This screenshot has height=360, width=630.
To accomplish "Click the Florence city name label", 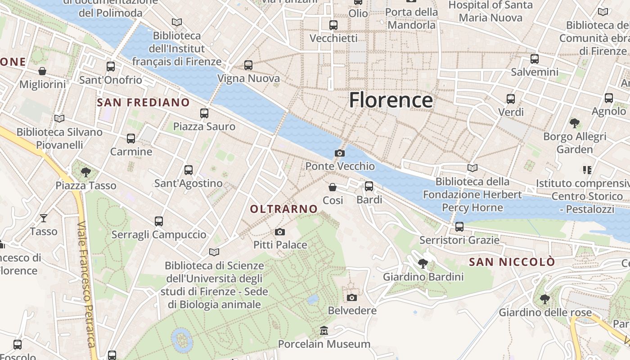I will click(391, 100).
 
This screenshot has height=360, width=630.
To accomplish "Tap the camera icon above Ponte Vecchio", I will click(340, 153).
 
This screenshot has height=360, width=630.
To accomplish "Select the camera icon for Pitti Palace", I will click(280, 232).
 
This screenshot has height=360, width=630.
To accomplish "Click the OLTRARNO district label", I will click(283, 209).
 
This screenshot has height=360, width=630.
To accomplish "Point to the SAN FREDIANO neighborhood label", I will click(143, 103).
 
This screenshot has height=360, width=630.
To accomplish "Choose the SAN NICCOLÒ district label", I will click(512, 262).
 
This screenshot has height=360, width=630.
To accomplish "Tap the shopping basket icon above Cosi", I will click(333, 187).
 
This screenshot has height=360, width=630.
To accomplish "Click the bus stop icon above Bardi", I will click(369, 186).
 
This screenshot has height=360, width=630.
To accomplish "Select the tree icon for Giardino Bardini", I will click(423, 263).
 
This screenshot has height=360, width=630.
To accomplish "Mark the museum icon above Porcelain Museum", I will click(324, 331).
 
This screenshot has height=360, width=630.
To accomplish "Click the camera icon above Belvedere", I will click(352, 297).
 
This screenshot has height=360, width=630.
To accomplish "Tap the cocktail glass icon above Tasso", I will click(43, 218).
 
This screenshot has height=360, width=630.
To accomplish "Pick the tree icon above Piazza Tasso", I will click(85, 172).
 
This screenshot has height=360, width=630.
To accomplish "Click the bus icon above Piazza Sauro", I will click(204, 113).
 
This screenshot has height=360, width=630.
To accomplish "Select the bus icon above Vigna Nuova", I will click(248, 65).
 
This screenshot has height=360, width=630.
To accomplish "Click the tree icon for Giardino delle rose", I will click(544, 299).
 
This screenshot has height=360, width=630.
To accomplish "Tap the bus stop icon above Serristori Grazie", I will click(459, 226).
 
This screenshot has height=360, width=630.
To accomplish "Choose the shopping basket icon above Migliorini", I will click(42, 71).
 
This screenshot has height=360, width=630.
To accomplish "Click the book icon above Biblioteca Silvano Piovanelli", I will click(59, 118).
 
